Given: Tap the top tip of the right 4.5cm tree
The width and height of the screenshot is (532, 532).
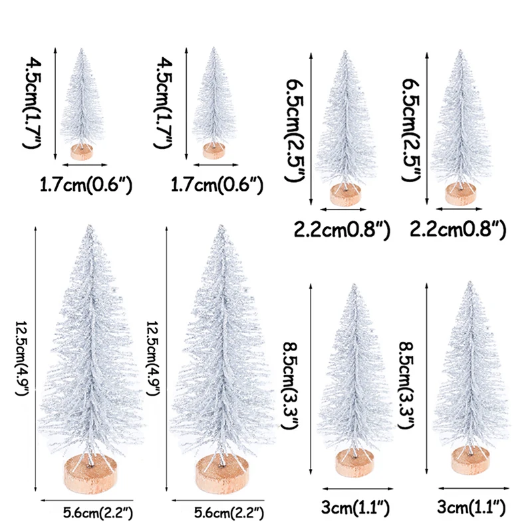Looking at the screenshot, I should pos(213,49).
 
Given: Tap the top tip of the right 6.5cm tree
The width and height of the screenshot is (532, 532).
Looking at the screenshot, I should pos(460,51).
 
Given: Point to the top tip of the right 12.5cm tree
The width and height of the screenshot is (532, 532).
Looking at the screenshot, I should pos(220,226).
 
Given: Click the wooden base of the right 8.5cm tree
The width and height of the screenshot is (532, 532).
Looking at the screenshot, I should pos(469,461).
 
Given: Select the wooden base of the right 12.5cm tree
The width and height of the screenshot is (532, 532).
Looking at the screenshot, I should pos(221,474).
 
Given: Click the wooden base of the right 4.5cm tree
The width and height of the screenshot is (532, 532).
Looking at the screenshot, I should pos(213,150).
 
